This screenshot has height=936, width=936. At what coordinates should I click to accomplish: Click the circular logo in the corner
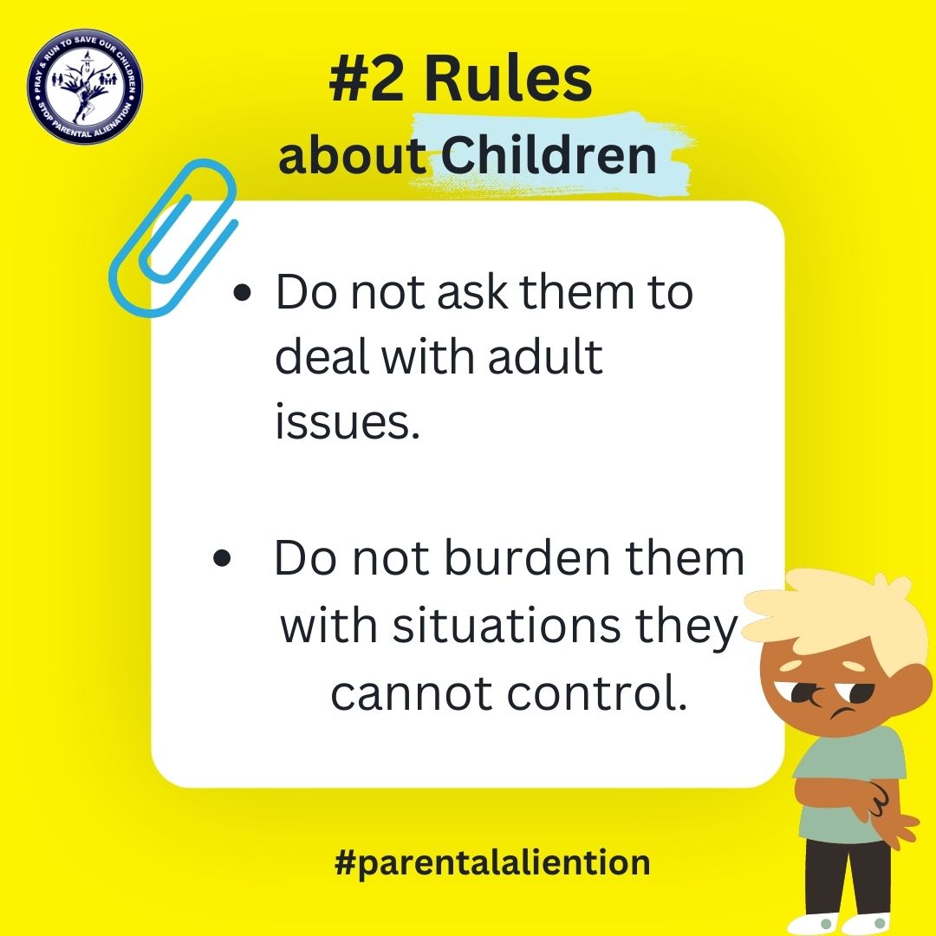point(85,87)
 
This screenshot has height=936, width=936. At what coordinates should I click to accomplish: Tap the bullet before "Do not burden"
point(222,560)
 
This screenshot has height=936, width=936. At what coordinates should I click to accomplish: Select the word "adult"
point(544,357)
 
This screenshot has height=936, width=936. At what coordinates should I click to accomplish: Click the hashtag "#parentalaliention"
point(492,863)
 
